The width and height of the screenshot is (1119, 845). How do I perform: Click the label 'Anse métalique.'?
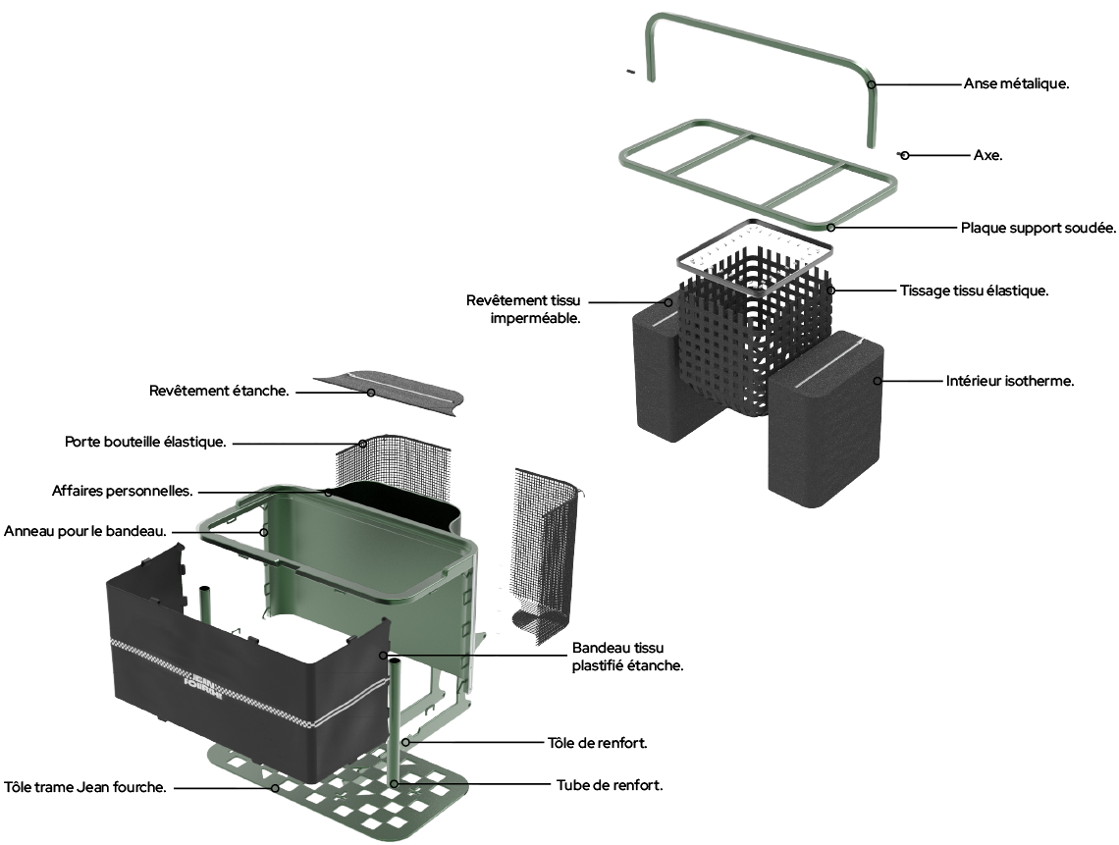(1016, 84)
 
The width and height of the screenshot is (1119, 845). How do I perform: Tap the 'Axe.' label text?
(987, 155)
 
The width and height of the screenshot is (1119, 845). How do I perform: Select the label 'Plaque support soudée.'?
(1039, 228)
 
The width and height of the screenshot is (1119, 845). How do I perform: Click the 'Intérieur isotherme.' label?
(1010, 381)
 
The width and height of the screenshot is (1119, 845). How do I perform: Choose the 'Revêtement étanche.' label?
(219, 391)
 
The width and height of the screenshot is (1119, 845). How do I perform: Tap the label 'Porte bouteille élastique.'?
(146, 442)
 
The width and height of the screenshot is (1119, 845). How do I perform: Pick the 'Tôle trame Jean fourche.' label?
(84, 786)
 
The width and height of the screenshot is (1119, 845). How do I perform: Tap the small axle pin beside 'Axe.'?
(897, 154)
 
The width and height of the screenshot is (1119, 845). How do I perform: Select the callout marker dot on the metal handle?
(871, 84)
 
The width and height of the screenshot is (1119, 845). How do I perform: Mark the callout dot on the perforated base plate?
(275, 786)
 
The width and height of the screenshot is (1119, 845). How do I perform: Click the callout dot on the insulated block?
(879, 381)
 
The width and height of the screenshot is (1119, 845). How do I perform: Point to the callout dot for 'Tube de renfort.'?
(395, 784)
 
